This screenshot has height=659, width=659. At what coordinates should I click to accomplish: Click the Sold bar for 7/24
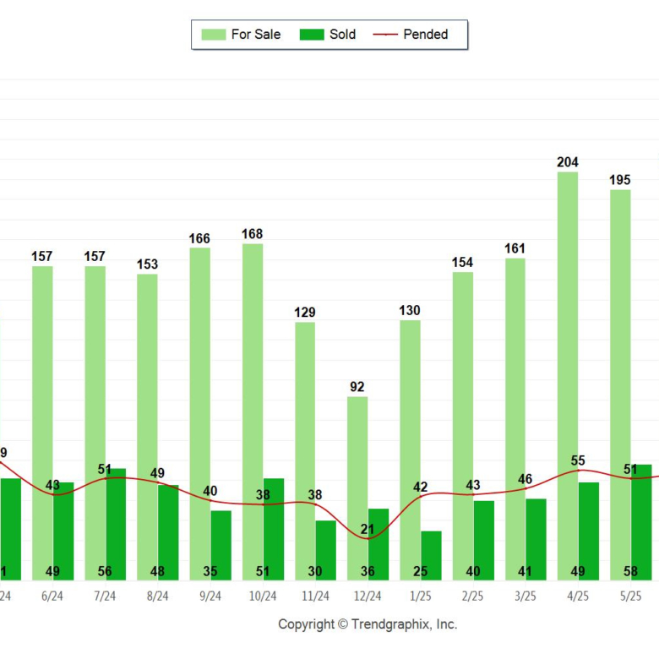(x=116, y=524)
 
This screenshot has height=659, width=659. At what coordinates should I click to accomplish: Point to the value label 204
(x=567, y=162)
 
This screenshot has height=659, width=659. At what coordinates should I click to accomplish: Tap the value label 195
(x=620, y=180)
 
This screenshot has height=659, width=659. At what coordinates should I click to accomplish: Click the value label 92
(x=357, y=387)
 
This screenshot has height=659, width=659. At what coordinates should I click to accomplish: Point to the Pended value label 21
(x=368, y=530)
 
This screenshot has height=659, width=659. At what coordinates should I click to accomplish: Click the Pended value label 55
(x=578, y=460)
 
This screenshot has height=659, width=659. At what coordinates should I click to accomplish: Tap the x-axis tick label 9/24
(x=210, y=596)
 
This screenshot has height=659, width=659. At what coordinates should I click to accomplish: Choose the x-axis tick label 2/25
(x=473, y=596)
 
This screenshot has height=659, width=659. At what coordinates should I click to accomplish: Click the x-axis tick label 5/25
(x=630, y=596)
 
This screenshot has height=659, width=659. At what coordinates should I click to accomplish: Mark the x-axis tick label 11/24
(x=315, y=596)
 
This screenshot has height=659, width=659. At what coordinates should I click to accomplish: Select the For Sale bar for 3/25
(x=515, y=418)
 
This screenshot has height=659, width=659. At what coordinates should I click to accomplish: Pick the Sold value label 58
(x=630, y=571)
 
